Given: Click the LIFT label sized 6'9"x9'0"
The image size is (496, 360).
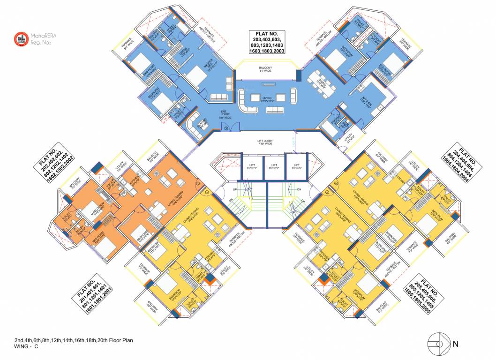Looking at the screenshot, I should pyautogui.click(x=296, y=165).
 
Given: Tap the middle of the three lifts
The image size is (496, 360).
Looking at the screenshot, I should pyautogui.click(x=274, y=165).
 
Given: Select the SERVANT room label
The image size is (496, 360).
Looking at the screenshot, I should pyautogui.click(x=337, y=119).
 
